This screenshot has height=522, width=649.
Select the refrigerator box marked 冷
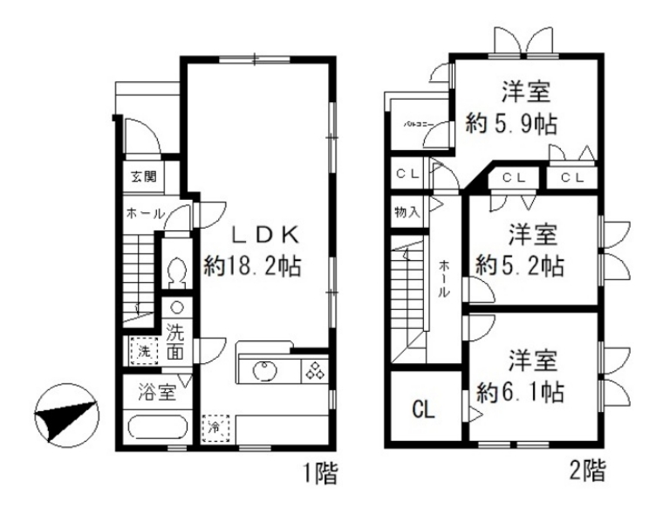click(x=214, y=428)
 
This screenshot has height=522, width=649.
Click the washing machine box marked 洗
click(x=140, y=353)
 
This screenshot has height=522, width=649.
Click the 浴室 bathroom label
click(x=156, y=393)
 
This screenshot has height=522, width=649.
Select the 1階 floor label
click(x=319, y=475)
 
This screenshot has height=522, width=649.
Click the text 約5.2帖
click(x=521, y=264)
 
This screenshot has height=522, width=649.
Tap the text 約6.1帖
click(x=521, y=392)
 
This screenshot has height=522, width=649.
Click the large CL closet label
click(x=423, y=409)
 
